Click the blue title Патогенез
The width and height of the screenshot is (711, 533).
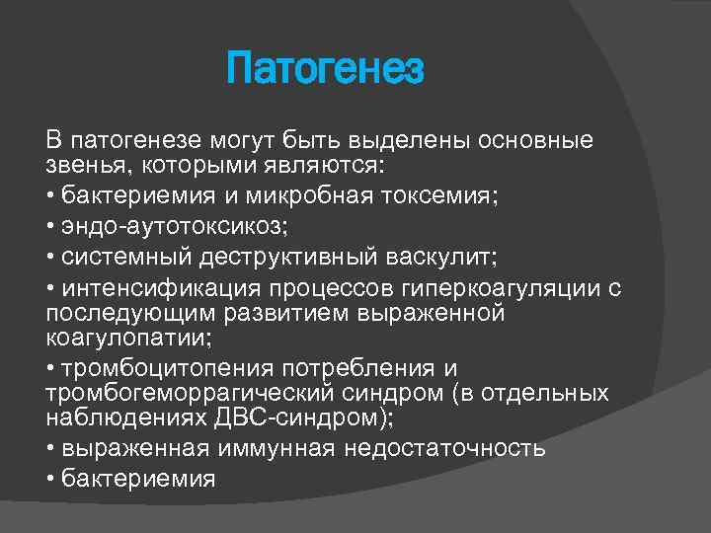tap(325, 71)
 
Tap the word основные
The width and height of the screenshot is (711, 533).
tap(536, 141)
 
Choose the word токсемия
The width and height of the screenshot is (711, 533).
tap(450, 196)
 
